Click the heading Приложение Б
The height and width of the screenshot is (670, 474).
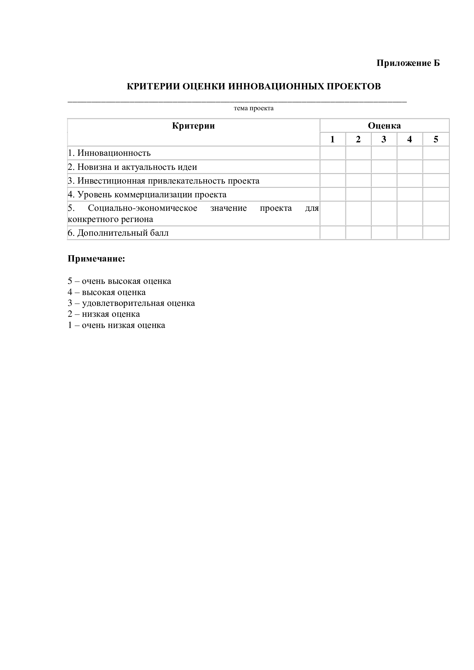pos(408,63)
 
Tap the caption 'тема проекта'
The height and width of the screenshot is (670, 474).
pos(253,108)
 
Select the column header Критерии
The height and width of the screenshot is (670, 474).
pos(193,126)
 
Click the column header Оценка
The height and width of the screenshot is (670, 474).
pos(384,126)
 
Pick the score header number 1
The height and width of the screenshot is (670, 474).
pos(332,139)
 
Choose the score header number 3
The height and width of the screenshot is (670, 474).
pos(384,139)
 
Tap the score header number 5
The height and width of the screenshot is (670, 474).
pos(436,139)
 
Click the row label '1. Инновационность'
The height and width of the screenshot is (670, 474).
pos(109,153)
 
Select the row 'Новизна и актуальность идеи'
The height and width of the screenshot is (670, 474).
pos(133,167)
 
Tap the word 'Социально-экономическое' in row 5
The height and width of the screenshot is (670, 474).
pos(142,208)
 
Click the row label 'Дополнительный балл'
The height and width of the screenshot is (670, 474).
pos(119,233)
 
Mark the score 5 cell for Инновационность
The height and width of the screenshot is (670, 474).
pos(436,153)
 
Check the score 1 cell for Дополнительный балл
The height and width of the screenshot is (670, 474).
pos(333,233)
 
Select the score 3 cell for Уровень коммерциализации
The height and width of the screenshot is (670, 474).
pos(384,194)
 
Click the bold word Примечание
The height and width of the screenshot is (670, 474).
pos(96,259)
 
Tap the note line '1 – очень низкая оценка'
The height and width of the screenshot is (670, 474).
pos(116,325)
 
